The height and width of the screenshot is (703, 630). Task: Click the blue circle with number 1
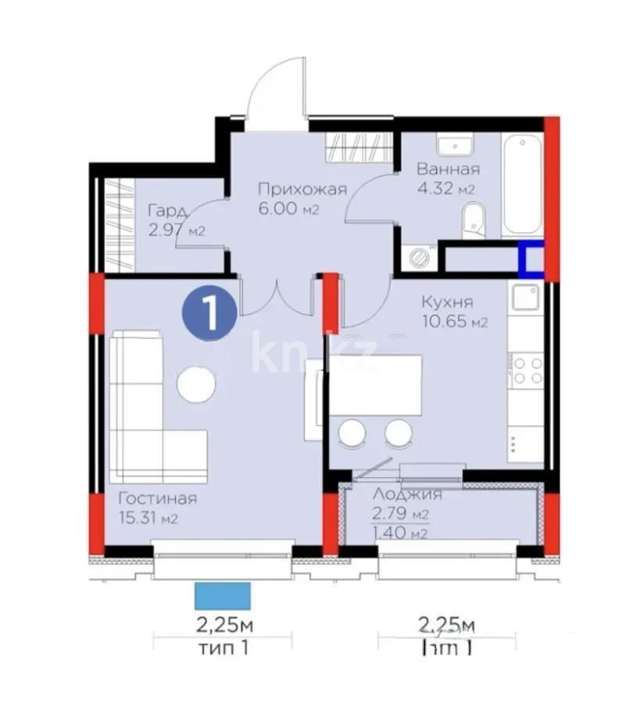tap(209, 312)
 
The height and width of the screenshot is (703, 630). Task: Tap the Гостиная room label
tap(157, 498)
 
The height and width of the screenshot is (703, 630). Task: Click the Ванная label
tap(448, 169)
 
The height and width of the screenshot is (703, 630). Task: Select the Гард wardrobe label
tap(166, 211)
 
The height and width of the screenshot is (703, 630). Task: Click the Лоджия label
tap(407, 494)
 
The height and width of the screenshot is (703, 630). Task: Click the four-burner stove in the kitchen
tap(527, 369)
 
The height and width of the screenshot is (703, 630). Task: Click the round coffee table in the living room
tap(196, 384)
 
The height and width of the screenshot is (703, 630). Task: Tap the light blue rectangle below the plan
tap(223, 595)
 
